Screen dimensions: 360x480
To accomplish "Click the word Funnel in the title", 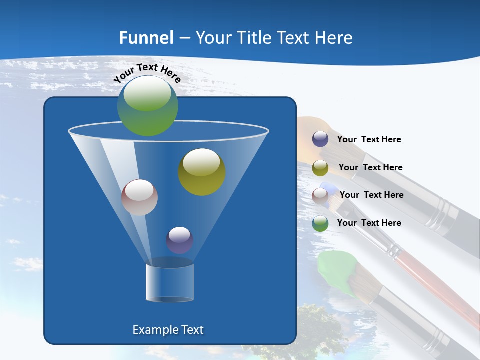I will pyautogui.click(x=146, y=37).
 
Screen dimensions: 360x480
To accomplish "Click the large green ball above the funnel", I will pyautogui.click(x=148, y=106).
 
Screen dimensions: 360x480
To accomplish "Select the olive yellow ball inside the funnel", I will pyautogui.click(x=202, y=172).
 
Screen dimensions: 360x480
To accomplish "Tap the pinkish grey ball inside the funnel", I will pyautogui.click(x=139, y=197).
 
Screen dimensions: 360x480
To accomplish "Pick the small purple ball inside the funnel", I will pyautogui.click(x=179, y=240).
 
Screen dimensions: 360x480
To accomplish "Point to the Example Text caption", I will pyautogui.click(x=168, y=330).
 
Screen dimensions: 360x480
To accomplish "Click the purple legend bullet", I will pyautogui.click(x=320, y=139).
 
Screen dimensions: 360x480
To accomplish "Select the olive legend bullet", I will pyautogui.click(x=320, y=168).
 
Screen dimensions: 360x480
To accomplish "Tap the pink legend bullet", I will pyautogui.click(x=320, y=195).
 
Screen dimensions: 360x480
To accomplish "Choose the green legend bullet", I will pyautogui.click(x=320, y=223).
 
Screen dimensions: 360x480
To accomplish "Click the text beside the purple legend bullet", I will pyautogui.click(x=369, y=139).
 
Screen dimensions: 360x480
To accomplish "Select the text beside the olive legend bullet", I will pyautogui.click(x=370, y=167).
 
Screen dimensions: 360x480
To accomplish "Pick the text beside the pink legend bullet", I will pyautogui.click(x=371, y=195).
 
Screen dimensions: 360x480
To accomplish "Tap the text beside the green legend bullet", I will pyautogui.click(x=369, y=223).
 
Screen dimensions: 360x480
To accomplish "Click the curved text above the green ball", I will pyautogui.click(x=147, y=72).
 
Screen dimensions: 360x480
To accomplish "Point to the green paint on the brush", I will pyautogui.click(x=336, y=272).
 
